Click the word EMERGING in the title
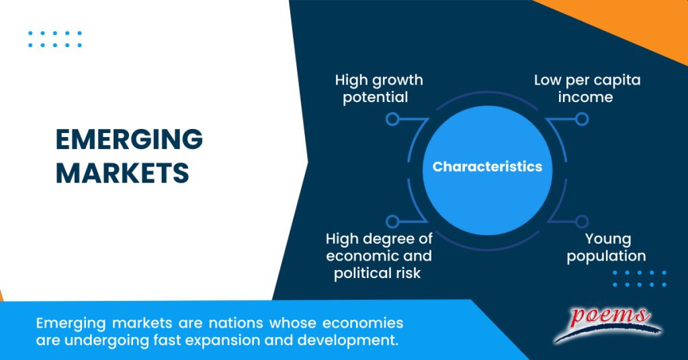pos(128,140)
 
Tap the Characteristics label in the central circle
pos(487,167)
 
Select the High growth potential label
pos(379,89)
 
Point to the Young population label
pos(606,247)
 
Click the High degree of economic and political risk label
pos(379,256)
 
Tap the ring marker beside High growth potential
pos(392,120)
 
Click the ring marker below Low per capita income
pos(582,120)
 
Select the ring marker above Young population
pos(582,221)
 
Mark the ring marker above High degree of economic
pos(392,221)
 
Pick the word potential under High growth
pos(376,97)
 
